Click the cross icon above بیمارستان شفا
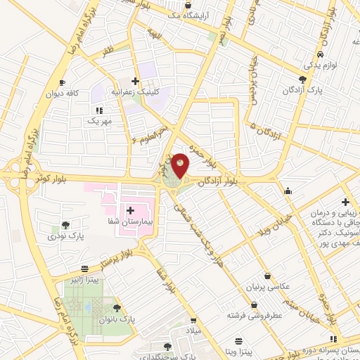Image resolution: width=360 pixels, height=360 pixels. pyautogui.click(x=130, y=210)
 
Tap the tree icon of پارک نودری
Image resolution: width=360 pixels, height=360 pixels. pyautogui.click(x=65, y=226)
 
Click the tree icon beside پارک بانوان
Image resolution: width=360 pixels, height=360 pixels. pyautogui.click(x=117, y=307)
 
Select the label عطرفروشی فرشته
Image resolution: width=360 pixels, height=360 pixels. pyautogui.click(x=254, y=316)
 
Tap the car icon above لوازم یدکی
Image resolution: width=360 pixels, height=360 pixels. pyautogui.click(x=320, y=54)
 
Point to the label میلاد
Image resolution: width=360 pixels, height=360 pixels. pyautogui.click(x=192, y=330)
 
